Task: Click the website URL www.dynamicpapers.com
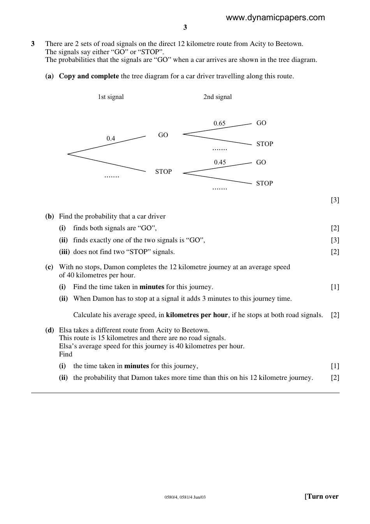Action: click(275, 18)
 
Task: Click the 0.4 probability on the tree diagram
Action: click(111, 138)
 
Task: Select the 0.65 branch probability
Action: click(219, 123)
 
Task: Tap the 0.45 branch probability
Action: click(220, 162)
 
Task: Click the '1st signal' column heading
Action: click(111, 97)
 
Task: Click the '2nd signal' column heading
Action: click(217, 97)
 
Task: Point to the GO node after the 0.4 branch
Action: click(163, 135)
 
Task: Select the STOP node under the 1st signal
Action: click(163, 171)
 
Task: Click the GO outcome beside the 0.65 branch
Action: click(261, 123)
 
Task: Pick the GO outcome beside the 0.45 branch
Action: click(261, 162)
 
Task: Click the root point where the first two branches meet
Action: click(68, 154)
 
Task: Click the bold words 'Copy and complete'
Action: click(89, 76)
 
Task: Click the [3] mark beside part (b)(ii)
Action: click(335, 240)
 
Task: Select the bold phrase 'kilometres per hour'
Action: click(197, 315)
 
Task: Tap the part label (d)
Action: click(49, 330)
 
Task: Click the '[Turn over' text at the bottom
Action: click(321, 496)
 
